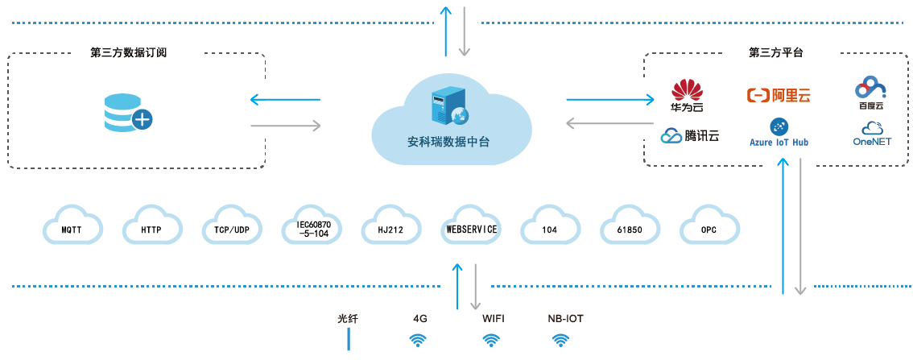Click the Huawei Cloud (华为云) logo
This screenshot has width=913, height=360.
[x=687, y=95]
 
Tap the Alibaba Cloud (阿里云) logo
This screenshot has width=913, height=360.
[x=779, y=96]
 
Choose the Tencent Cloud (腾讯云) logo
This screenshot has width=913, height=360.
[x=690, y=136]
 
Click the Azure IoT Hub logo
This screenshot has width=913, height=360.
[x=779, y=133]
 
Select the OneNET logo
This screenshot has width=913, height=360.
[x=872, y=134]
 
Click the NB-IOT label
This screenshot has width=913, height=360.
[x=564, y=318]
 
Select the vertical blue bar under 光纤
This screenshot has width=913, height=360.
[x=349, y=339]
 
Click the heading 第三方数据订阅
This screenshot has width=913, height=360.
[x=134, y=52]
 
